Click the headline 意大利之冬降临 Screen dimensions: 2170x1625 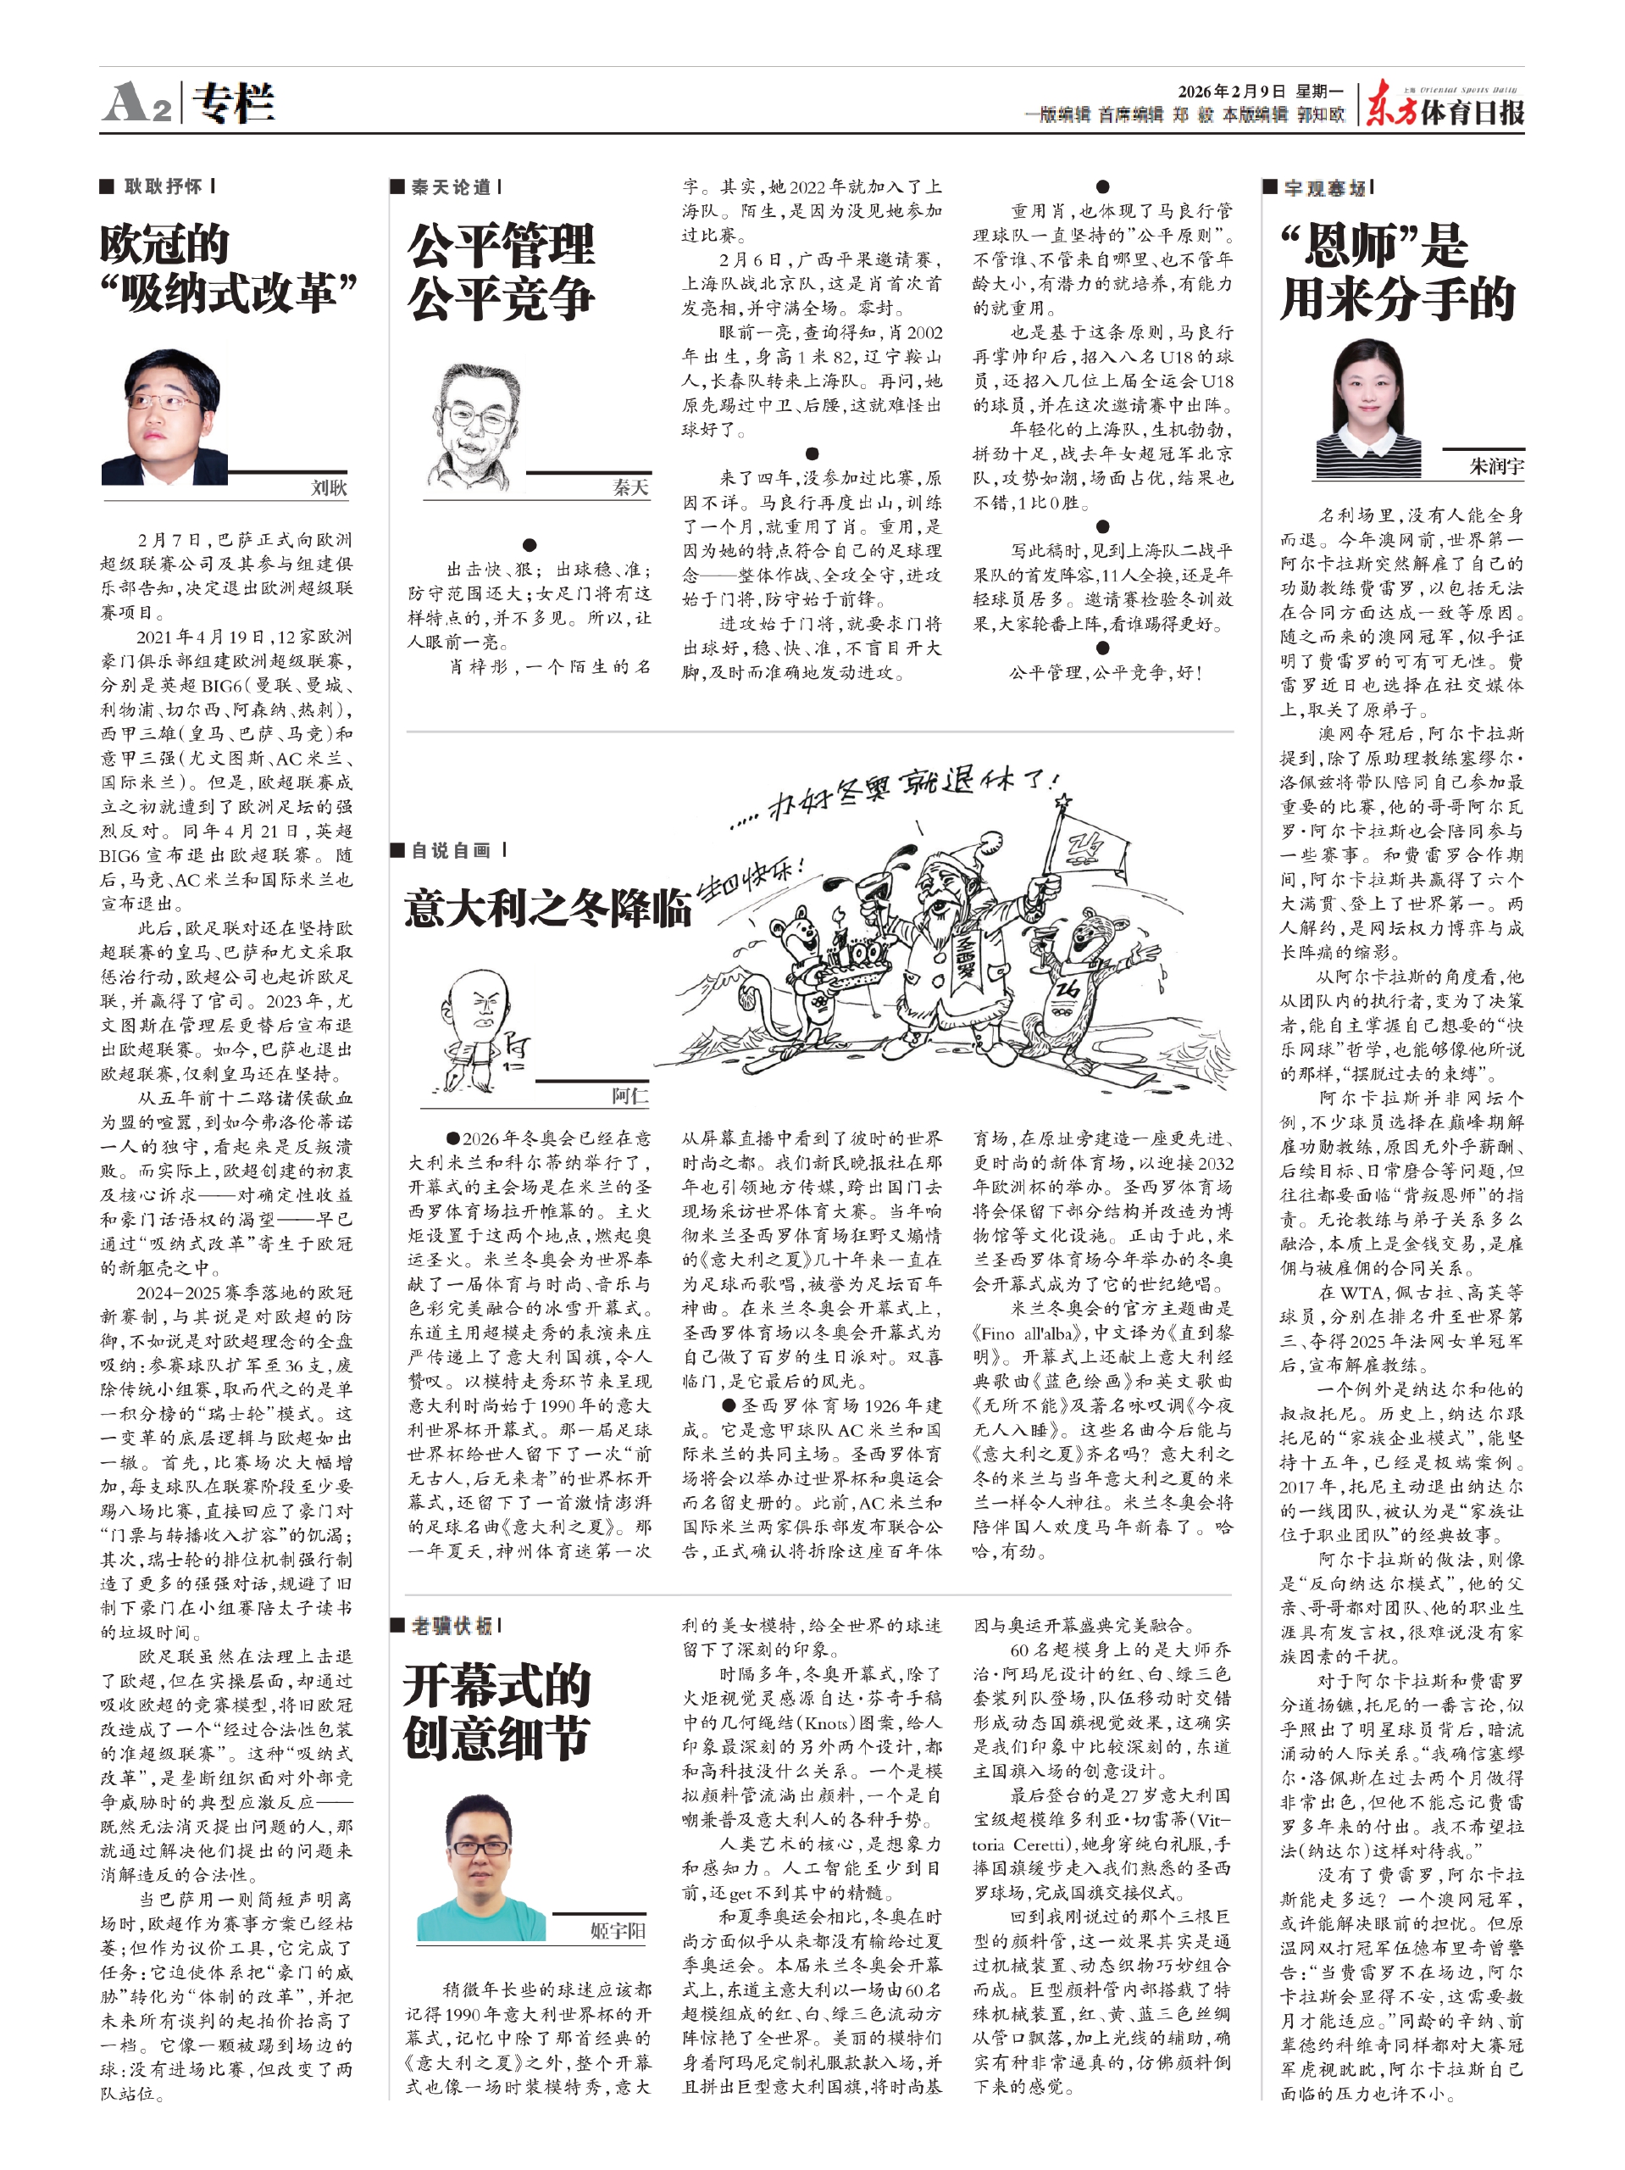[x=547, y=909]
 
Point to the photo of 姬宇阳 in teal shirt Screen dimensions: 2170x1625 [x=481, y=1868]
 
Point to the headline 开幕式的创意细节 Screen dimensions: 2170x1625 [x=496, y=1712]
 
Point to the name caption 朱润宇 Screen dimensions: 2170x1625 [x=1495, y=466]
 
